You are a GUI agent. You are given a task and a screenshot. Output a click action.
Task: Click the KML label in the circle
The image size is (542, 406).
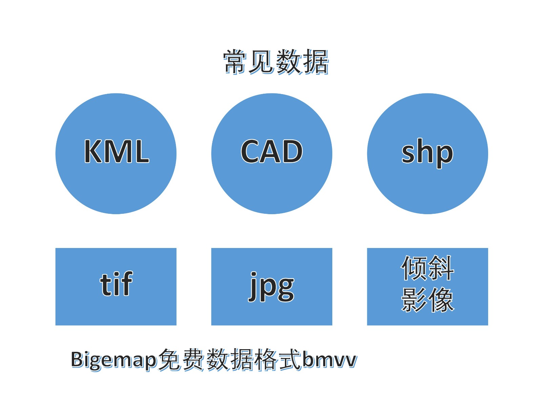(x=117, y=151)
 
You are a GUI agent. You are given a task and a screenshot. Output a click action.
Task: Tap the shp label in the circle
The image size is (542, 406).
(x=427, y=153)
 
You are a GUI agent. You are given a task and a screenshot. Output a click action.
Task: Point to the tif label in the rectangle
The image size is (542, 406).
(x=116, y=284)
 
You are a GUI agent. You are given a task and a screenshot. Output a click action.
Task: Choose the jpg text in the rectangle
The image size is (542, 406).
(x=271, y=287)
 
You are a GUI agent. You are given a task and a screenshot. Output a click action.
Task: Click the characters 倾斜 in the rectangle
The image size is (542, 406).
(x=428, y=268)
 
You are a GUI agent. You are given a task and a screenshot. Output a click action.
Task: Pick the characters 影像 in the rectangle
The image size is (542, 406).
(x=428, y=299)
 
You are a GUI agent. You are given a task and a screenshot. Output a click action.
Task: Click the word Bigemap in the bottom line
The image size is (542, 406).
(x=114, y=361)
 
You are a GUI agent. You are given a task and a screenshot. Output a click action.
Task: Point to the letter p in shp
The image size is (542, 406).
(x=443, y=156)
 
